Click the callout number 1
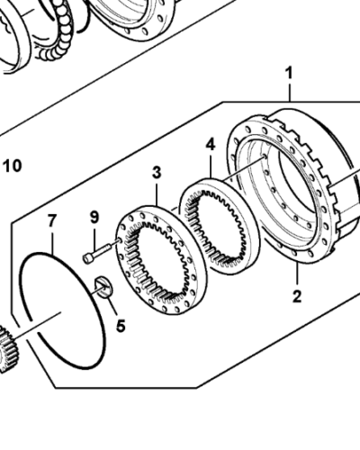[x=289, y=69]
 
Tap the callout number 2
[x=297, y=294]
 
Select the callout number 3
[x=156, y=171]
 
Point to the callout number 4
[x=210, y=144]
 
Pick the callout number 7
[x=51, y=220]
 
